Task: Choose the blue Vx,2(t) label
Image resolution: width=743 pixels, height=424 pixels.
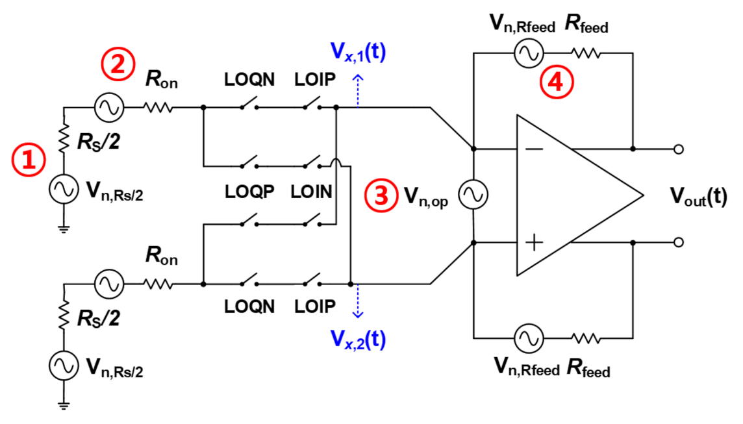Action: [357, 339]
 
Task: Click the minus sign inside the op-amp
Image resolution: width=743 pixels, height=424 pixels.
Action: [534, 149]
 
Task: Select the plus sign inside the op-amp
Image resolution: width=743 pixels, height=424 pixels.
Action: [534, 242]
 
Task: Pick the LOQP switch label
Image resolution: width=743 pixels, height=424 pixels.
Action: [249, 192]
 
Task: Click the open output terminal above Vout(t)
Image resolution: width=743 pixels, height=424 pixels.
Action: [679, 149]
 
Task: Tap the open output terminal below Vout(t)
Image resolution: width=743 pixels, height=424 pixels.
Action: [679, 242]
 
